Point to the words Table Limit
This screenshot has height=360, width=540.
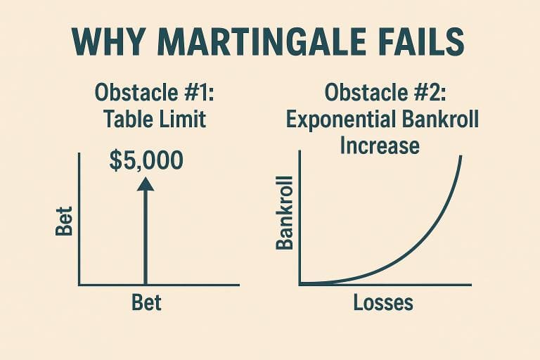point(155,119)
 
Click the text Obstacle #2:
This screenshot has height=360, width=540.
point(381,94)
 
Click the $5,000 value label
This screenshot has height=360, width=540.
point(146,160)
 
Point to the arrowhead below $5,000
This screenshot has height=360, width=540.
point(145,184)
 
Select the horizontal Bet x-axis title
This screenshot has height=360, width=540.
point(146,303)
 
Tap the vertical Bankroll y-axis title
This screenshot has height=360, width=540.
point(285,214)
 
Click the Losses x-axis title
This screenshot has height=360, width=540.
point(383,303)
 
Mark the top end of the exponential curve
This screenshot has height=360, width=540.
point(461,156)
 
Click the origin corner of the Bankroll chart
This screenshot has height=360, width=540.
point(300,284)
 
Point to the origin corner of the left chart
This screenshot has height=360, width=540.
point(79,284)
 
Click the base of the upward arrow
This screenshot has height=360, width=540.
point(145,283)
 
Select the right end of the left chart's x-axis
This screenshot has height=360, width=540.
point(239,285)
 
